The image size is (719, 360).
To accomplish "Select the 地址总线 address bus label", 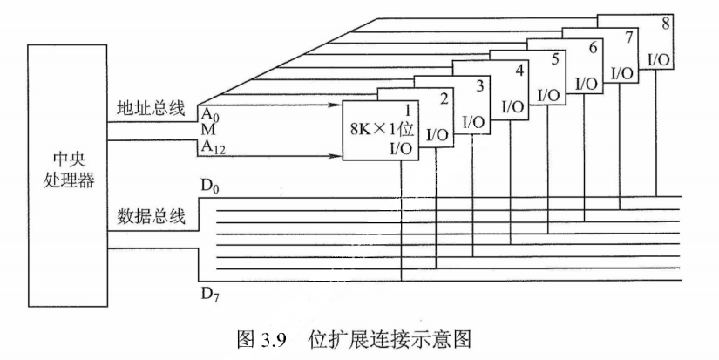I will tap(151, 108).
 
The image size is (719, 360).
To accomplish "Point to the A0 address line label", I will tap(209, 114).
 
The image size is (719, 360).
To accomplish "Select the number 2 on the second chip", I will tap(444, 98).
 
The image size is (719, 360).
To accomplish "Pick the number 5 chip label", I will tap(555, 58).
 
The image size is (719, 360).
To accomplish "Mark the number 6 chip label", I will tap(593, 47).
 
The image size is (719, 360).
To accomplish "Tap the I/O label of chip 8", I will tap(660, 59).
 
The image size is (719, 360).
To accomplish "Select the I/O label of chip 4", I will tap(513, 108).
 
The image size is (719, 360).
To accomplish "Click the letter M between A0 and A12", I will tap(207, 130).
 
